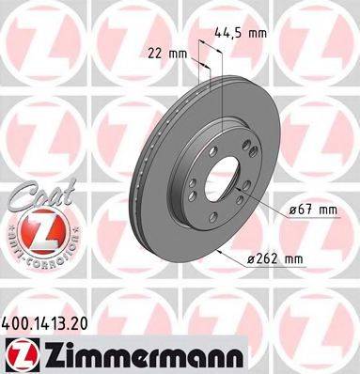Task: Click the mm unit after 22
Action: [x=177, y=53]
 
